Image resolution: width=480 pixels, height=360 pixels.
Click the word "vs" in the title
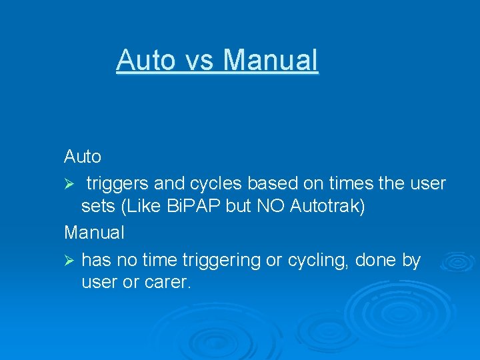[x=199, y=60]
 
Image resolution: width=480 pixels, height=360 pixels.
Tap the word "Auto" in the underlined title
[x=145, y=60]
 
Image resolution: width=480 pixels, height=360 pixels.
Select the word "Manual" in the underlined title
[x=271, y=60]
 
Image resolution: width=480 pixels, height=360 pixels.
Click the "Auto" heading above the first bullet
[x=83, y=157]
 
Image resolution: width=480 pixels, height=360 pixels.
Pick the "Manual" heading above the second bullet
[x=94, y=233]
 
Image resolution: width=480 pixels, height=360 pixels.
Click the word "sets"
[x=97, y=207]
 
